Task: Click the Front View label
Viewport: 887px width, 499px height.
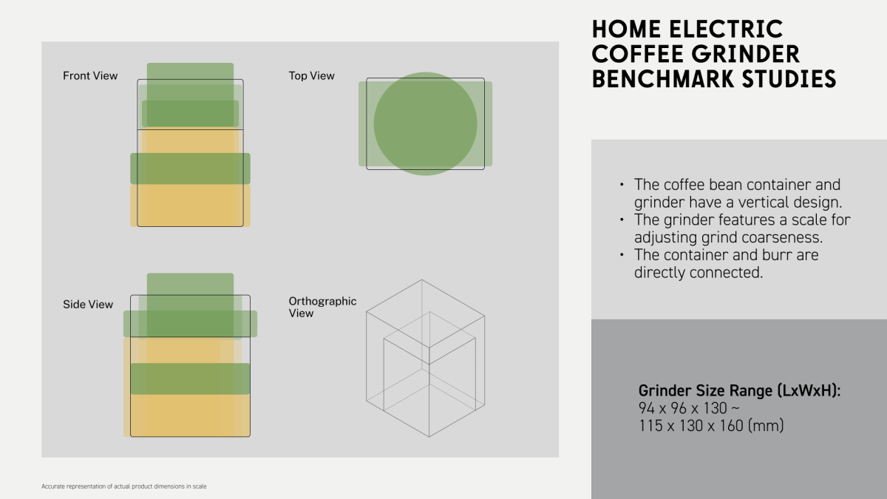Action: [90, 75]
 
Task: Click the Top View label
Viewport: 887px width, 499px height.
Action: [312, 75]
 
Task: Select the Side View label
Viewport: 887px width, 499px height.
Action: [88, 304]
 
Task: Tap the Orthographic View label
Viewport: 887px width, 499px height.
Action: [322, 307]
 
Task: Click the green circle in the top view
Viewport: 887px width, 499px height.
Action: [425, 123]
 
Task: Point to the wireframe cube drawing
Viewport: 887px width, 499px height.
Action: [425, 359]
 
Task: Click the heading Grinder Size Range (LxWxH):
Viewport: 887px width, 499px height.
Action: [739, 390]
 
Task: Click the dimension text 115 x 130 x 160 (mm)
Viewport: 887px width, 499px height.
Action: [711, 426]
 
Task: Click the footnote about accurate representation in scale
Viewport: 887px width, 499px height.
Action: [124, 486]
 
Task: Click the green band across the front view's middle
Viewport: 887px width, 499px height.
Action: [190, 169]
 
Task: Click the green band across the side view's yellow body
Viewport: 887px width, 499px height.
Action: [190, 379]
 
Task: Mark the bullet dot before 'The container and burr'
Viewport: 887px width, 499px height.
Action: [622, 254]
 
